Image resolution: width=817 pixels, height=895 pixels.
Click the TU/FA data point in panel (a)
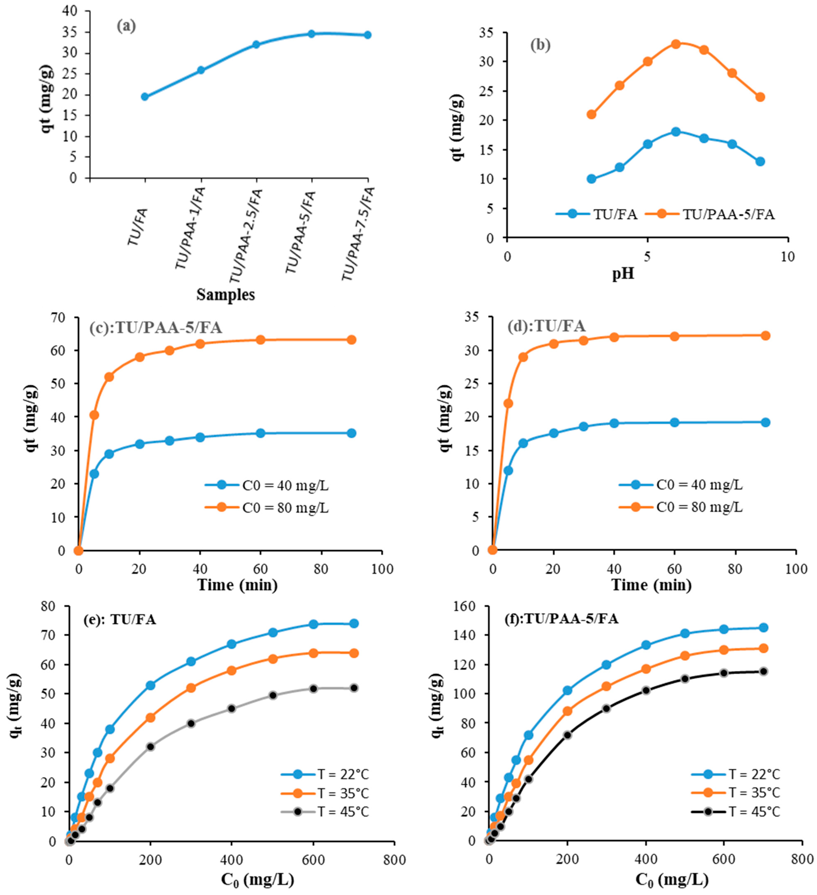tap(145, 97)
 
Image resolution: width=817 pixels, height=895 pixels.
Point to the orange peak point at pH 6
tap(676, 44)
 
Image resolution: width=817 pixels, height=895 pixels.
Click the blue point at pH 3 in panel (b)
tap(591, 179)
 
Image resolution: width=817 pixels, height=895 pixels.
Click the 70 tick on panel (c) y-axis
tap(59, 317)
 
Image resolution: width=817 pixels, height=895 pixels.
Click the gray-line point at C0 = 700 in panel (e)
tap(354, 688)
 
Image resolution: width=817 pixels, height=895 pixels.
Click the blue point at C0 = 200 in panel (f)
tap(567, 690)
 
